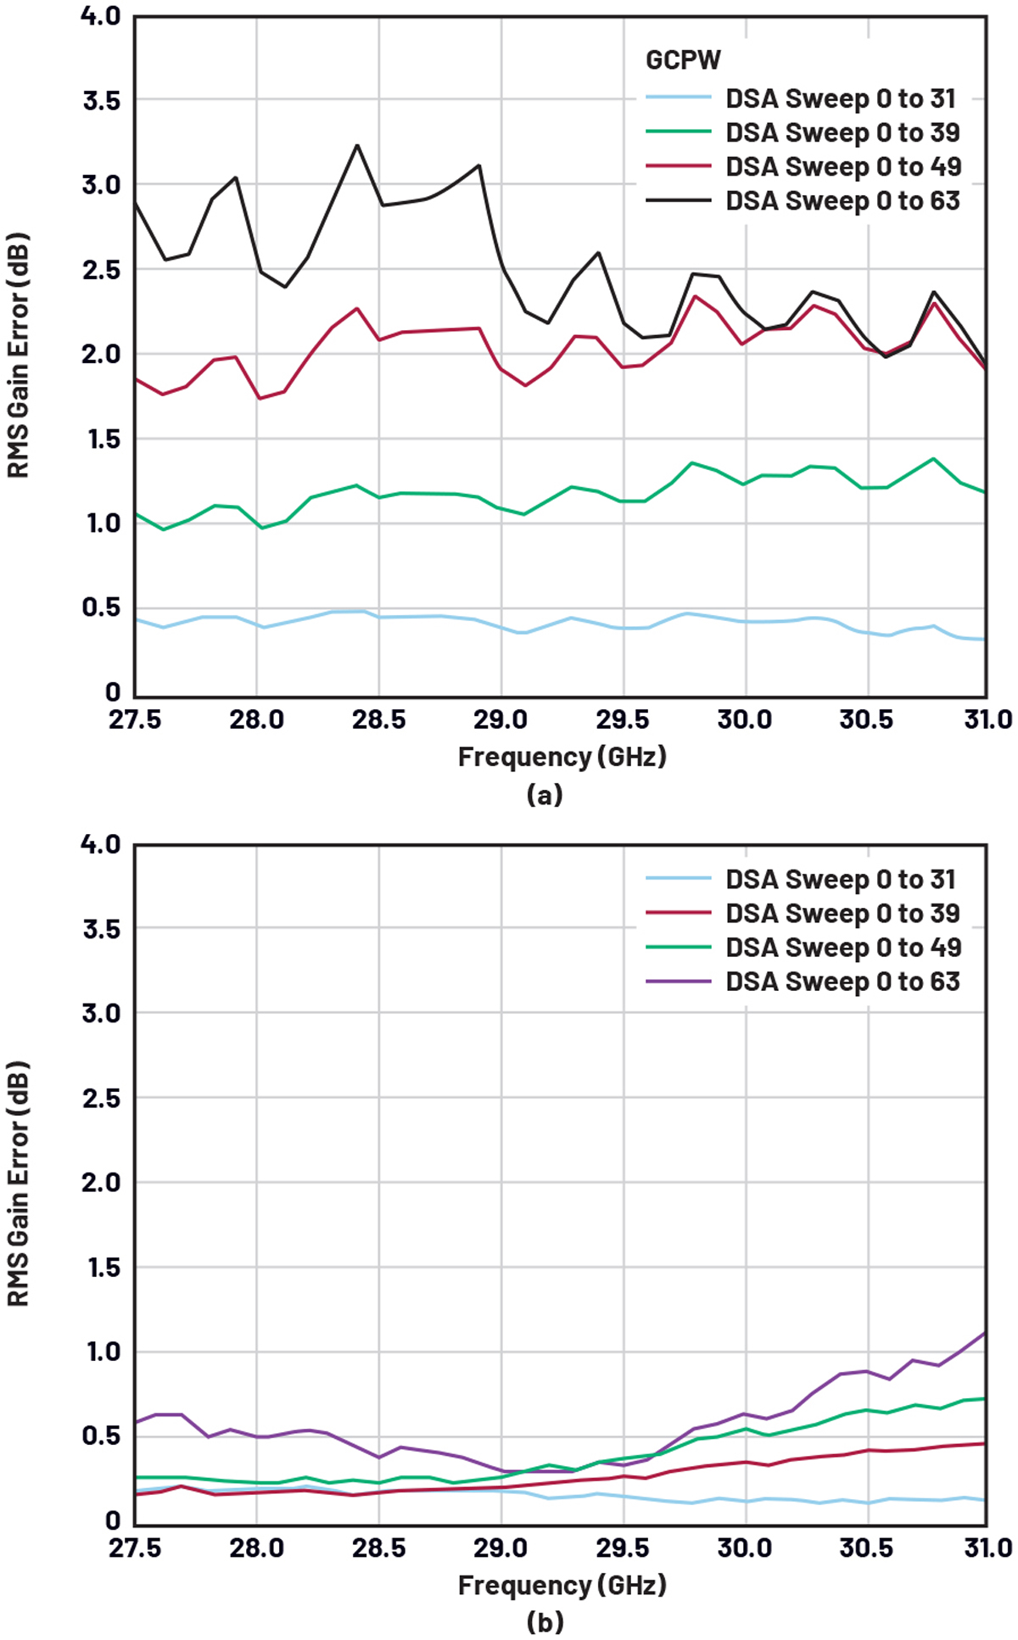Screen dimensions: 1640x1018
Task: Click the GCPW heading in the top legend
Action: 683,60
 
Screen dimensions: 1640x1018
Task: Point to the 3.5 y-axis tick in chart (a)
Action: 101,100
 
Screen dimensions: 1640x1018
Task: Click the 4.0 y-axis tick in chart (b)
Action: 101,844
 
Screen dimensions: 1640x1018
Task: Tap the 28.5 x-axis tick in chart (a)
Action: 378,720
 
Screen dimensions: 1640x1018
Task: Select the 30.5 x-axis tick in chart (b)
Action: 866,1548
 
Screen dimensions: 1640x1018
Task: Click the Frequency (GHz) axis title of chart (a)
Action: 562,756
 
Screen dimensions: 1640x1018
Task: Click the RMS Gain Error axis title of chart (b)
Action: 19,1184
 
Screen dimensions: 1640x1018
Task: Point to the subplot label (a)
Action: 545,795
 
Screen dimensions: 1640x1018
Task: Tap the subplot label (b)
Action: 545,1623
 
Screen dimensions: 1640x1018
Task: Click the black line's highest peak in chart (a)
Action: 357,145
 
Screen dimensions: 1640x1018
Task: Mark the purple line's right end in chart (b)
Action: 985,1333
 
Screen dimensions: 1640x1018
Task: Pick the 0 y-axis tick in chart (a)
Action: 113,692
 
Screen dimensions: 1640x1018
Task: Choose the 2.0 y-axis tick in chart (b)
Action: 101,1182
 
